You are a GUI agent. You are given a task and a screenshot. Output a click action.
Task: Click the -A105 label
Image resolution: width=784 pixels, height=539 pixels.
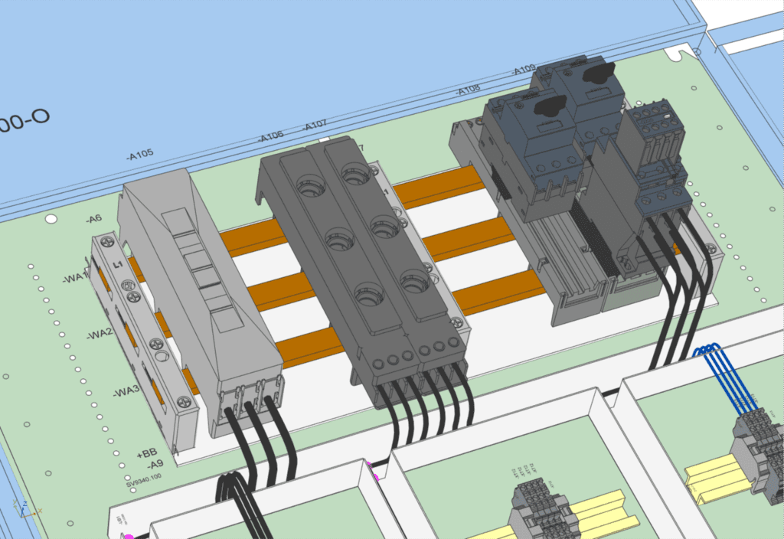(x=139, y=153)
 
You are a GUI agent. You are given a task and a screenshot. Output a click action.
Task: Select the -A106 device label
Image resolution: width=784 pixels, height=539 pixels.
(x=271, y=136)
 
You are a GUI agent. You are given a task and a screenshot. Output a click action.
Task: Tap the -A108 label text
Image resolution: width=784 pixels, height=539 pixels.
(x=469, y=90)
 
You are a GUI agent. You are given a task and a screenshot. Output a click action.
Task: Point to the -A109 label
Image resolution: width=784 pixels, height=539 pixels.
(x=524, y=70)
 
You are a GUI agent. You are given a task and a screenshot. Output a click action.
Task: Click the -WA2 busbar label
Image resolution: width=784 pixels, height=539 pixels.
(x=100, y=335)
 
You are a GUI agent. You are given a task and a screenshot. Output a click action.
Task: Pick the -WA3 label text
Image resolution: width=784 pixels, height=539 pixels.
(x=126, y=393)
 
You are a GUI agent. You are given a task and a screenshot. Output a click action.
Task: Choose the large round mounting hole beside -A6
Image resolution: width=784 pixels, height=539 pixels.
(x=51, y=220)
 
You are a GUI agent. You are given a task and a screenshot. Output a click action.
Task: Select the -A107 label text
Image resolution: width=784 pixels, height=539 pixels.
(x=315, y=126)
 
